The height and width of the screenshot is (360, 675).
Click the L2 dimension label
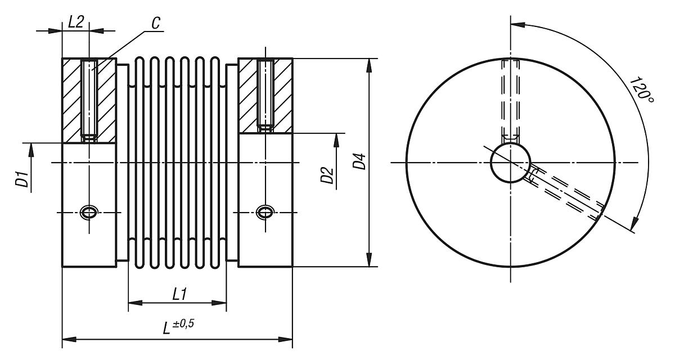(x=75, y=22)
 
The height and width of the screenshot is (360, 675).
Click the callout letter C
(x=156, y=24)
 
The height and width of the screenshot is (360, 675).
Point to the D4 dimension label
(x=360, y=160)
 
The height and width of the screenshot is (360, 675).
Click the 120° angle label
(x=641, y=90)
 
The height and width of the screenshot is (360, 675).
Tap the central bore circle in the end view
(x=510, y=163)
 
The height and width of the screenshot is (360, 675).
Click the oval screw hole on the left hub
(x=89, y=212)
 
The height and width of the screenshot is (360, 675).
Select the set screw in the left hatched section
(x=89, y=98)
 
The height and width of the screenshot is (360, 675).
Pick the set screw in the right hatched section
(x=265, y=93)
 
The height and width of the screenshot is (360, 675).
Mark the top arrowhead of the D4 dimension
(x=369, y=64)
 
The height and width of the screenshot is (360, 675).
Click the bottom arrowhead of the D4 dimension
(x=369, y=260)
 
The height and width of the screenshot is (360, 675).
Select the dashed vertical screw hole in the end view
(x=510, y=98)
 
